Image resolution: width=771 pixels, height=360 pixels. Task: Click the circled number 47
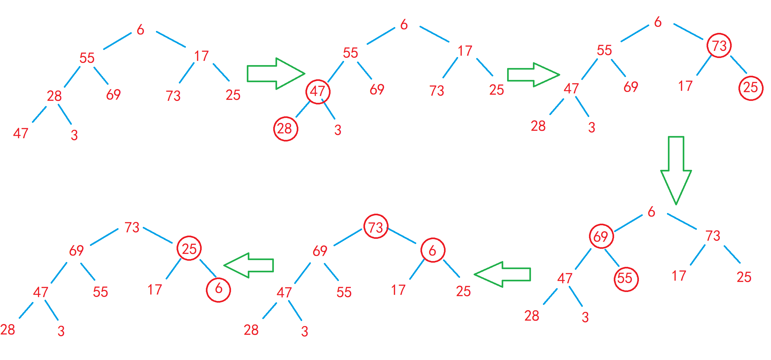[318, 92]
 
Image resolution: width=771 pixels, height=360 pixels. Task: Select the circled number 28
[285, 129]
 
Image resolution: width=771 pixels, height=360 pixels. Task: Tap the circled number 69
[601, 236]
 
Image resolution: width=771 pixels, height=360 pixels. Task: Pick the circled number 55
[626, 279]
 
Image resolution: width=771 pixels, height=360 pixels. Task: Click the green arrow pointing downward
[676, 171]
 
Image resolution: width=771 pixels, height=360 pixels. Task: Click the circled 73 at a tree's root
[376, 227]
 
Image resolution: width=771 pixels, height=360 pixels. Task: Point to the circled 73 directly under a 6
[719, 45]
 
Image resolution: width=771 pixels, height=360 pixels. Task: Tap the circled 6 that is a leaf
[218, 290]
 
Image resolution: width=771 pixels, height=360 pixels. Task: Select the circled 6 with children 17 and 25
[433, 250]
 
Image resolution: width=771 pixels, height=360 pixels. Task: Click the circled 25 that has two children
[189, 248]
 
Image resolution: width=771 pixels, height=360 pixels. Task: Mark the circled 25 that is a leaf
[751, 88]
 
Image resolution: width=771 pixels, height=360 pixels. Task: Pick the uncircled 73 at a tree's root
[132, 227]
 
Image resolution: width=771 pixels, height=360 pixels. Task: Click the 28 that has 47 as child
[54, 96]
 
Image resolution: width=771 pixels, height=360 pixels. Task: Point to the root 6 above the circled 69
[651, 212]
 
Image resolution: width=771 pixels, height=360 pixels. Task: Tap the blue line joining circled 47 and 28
[303, 110]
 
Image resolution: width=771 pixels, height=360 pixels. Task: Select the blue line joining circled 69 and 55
[612, 258]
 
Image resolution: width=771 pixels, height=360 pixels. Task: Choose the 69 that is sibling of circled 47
[377, 89]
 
